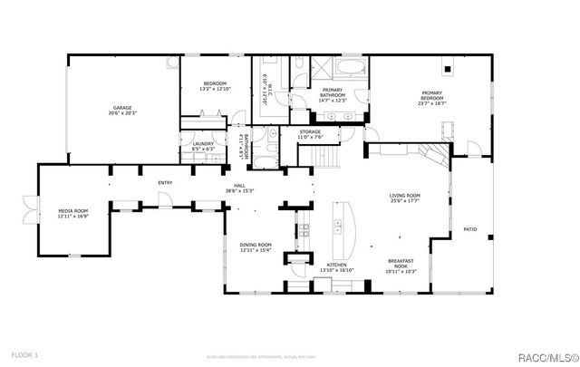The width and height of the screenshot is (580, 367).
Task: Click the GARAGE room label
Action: tap(122, 107)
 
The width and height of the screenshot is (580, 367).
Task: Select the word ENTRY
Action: tap(165, 183)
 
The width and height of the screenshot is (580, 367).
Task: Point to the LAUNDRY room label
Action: tap(202, 143)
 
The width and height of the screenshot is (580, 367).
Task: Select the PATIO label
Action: tap(469, 229)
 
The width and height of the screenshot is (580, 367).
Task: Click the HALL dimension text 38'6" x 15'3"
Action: tap(240, 191)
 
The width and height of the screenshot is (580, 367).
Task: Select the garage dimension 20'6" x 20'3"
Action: tap(122, 113)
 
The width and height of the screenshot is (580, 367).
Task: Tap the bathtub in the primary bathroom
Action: tap(347, 69)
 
